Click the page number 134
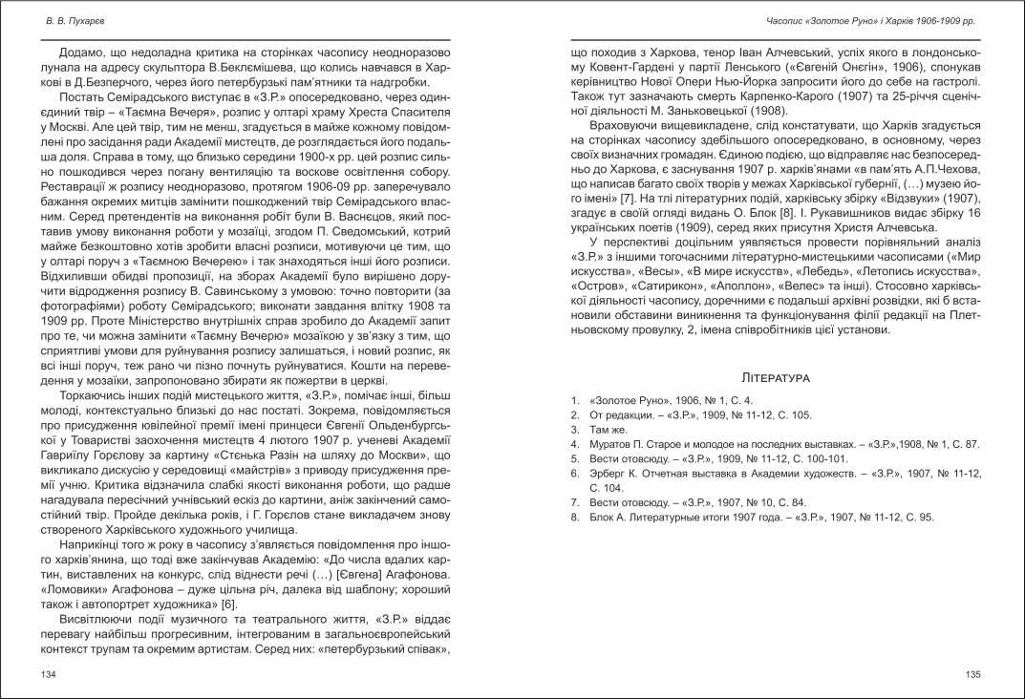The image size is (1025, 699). [x=49, y=675]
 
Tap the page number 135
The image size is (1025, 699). [x=973, y=675]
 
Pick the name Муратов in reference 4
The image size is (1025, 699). [x=616, y=444]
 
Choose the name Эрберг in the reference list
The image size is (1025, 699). [x=611, y=472]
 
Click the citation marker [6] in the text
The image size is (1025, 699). [x=228, y=604]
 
